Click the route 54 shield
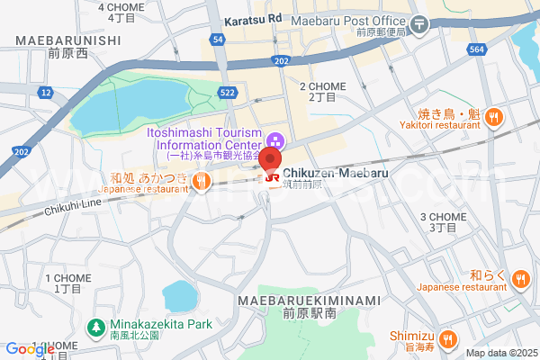tap(218, 40)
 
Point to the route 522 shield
tap(228, 93)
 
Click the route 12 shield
tap(46, 92)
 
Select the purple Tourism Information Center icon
tap(275, 140)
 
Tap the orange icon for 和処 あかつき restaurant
tap(203, 181)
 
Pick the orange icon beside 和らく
tap(519, 277)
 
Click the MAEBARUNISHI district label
tap(67, 40)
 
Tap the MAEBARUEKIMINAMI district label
tap(309, 300)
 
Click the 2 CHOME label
tap(322, 86)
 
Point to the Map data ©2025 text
tap(499, 353)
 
